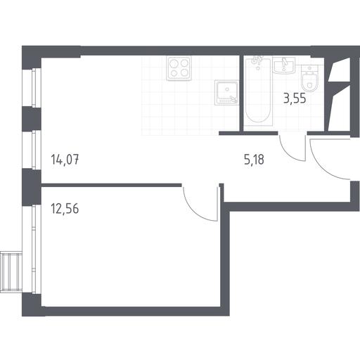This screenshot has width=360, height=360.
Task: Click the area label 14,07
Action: click(65, 160)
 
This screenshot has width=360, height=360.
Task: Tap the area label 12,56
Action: click(65, 209)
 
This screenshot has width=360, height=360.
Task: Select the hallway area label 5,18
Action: click(254, 160)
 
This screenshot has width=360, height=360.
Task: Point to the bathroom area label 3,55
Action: click(295, 98)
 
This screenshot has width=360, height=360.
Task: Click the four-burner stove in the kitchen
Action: click(179, 68)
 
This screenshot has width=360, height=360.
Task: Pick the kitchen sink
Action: click(226, 93)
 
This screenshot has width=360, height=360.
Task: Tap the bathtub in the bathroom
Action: click(258, 91)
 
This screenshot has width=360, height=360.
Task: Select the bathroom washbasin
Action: click(285, 65)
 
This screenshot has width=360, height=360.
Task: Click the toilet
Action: click(310, 78)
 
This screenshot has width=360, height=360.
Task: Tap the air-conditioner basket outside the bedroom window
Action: click(11, 271)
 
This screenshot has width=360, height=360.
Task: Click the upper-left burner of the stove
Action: click(174, 63)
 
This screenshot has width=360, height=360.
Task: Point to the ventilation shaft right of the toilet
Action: click(339, 94)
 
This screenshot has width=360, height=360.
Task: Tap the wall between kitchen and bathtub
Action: click(241, 94)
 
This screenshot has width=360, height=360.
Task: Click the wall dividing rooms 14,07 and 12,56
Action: click(111, 185)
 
